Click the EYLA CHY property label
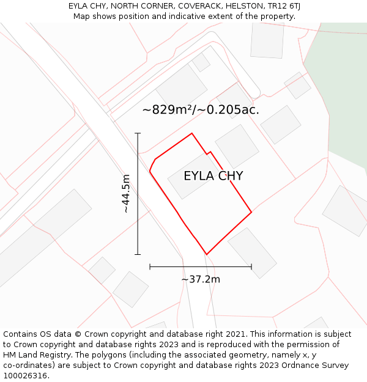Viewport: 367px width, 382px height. pyautogui.click(x=213, y=176)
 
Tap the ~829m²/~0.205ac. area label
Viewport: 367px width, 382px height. pyautogui.click(x=201, y=110)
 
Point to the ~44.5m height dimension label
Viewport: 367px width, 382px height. pyautogui.click(x=125, y=194)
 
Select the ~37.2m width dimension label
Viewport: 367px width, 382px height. pyautogui.click(x=201, y=279)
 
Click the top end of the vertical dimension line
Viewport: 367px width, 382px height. pyautogui.click(x=138, y=133)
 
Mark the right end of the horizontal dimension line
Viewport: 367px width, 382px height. pyautogui.click(x=251, y=266)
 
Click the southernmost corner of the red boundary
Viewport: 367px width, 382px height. pyautogui.click(x=207, y=254)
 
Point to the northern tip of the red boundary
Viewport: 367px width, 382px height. pyautogui.click(x=192, y=133)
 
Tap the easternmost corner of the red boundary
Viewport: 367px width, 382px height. pyautogui.click(x=251, y=213)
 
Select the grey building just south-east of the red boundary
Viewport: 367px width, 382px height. pyautogui.click(x=252, y=252)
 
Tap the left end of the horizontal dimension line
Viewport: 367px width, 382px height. pyautogui.click(x=150, y=266)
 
